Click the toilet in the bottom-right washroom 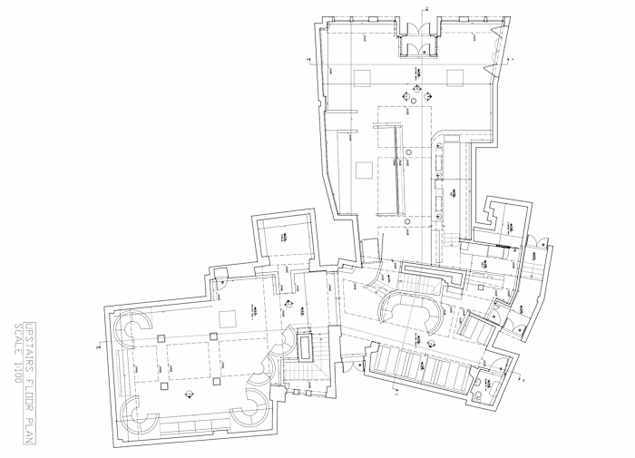478,396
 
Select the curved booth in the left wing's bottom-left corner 143,420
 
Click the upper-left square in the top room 365,76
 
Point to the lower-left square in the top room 365,168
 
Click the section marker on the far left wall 98,346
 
